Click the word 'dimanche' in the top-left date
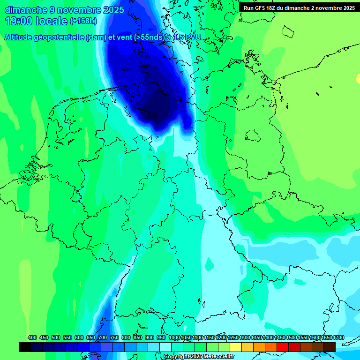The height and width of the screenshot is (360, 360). tap(26, 9)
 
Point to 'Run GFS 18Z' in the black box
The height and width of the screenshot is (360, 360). tap(261, 8)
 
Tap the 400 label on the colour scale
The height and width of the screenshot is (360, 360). tap(32, 338)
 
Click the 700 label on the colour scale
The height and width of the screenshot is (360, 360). tap(103, 338)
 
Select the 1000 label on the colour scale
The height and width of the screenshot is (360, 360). tap(173, 338)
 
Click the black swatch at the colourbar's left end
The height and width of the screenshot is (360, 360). tap(25, 347)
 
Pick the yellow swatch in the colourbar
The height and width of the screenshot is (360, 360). tap(236, 347)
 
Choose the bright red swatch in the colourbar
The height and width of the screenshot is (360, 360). tap(283, 347)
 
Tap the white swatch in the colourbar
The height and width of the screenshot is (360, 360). tap(165, 347)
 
